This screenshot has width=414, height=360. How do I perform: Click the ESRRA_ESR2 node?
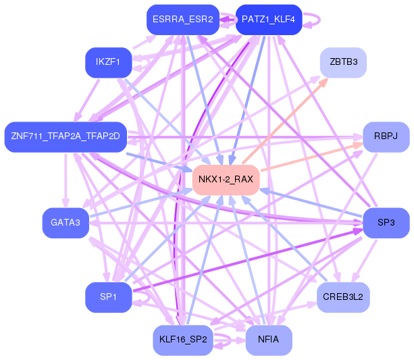pyautogui.click(x=183, y=20)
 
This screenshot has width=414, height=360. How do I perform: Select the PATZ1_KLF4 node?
pyautogui.click(x=268, y=20)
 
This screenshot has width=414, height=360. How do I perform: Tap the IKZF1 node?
pyautogui.click(x=108, y=62)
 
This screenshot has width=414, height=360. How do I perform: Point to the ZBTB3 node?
pyautogui.click(x=343, y=62)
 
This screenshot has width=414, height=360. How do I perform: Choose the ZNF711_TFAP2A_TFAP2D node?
pyautogui.click(x=66, y=136)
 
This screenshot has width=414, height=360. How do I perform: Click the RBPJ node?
pyautogui.click(x=386, y=136)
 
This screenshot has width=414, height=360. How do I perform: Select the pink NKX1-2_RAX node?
pyautogui.click(x=226, y=180)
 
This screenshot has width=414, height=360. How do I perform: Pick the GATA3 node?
pyautogui.click(x=66, y=223)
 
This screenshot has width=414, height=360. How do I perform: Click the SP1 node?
pyautogui.click(x=108, y=297)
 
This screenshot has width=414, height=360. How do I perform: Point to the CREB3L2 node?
pyautogui.click(x=343, y=297)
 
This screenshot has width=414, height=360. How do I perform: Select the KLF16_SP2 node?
pyautogui.click(x=183, y=340)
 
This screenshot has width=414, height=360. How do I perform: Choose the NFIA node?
pyautogui.click(x=268, y=340)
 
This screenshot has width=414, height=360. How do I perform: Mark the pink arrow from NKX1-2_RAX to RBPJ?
pyautogui.click(x=311, y=157)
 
